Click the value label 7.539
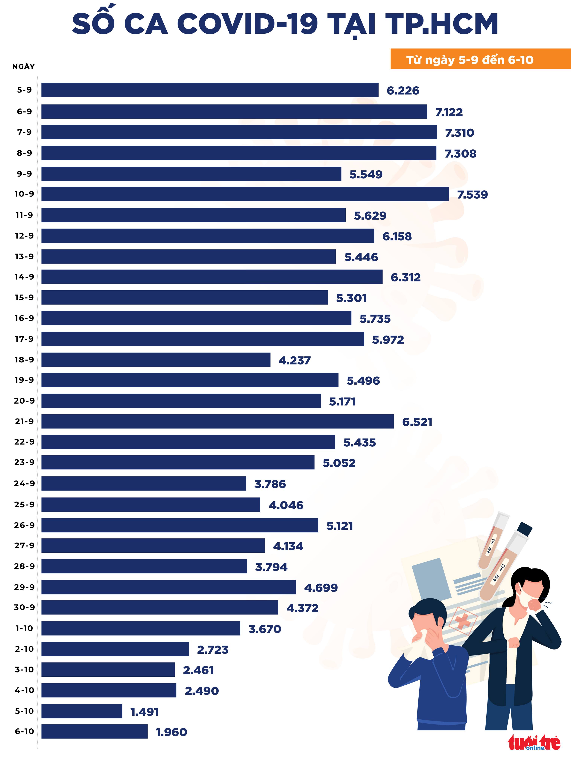(x=472, y=195)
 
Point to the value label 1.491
(x=145, y=712)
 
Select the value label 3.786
(x=270, y=484)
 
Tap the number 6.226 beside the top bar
(x=403, y=91)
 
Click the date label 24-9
(x=24, y=483)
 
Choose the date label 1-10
(x=24, y=628)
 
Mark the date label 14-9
(x=24, y=277)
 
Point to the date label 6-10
(x=24, y=731)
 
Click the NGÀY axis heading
(x=24, y=67)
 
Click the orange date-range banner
(x=480, y=59)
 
